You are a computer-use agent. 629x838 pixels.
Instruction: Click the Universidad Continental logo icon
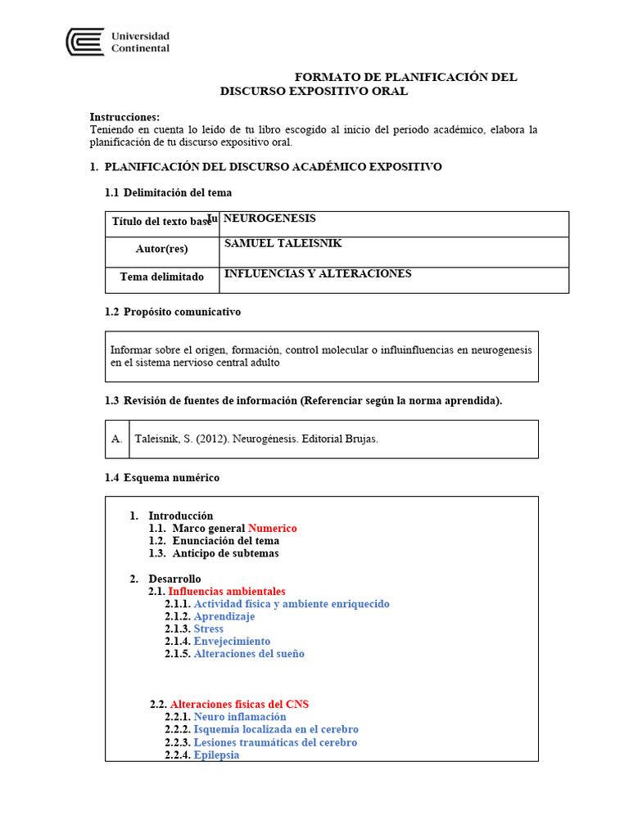click(85, 42)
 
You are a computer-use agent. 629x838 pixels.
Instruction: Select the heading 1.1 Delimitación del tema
click(169, 192)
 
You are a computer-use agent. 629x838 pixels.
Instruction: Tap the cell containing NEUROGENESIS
click(269, 219)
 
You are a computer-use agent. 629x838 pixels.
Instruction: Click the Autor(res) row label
click(161, 249)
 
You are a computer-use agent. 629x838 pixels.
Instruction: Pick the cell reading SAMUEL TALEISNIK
click(283, 244)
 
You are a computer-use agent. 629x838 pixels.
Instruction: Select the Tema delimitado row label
click(161, 277)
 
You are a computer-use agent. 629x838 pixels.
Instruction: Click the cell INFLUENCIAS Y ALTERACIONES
click(318, 273)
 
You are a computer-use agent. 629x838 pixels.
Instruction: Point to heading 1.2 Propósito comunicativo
click(173, 312)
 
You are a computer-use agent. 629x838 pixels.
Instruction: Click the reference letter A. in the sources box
click(117, 439)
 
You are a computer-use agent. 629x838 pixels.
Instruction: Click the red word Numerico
click(272, 529)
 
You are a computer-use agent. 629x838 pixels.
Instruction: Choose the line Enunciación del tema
click(225, 541)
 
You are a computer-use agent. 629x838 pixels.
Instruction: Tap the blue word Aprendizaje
click(224, 616)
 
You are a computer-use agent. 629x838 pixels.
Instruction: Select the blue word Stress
click(208, 628)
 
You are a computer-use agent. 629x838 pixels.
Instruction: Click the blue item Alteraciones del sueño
click(249, 654)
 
